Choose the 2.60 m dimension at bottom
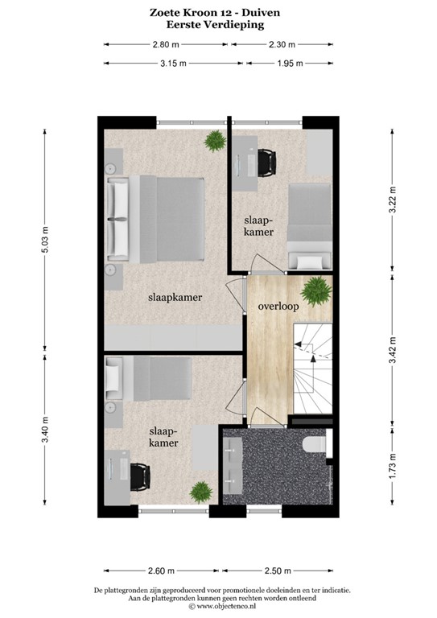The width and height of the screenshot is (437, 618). [162, 571]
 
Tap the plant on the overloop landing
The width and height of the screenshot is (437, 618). [315, 289]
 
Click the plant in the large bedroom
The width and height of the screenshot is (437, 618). [214, 142]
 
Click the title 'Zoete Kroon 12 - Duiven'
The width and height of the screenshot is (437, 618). [218, 13]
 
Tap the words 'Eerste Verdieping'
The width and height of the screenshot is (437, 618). [218, 24]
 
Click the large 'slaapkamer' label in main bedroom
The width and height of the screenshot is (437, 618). [175, 297]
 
